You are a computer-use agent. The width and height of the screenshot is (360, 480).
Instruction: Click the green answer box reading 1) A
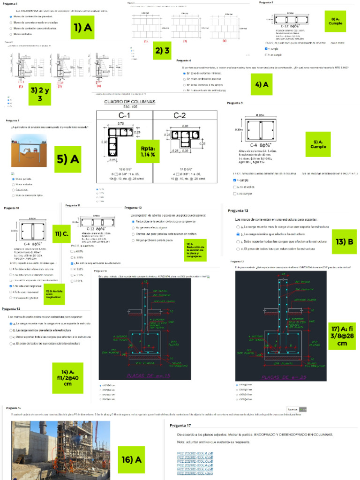82,29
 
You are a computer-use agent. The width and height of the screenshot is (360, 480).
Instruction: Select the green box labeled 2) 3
162,51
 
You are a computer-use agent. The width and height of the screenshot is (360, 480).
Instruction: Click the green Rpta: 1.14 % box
148,151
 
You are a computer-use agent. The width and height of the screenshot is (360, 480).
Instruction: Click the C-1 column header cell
124,116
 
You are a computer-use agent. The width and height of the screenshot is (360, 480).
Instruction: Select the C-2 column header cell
185,116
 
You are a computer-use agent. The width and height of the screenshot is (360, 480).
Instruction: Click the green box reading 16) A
131,459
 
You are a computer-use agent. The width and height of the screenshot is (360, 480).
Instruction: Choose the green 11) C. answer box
61,234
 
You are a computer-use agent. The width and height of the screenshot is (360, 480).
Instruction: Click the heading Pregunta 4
183,61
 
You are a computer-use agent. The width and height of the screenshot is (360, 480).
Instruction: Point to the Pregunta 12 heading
135,208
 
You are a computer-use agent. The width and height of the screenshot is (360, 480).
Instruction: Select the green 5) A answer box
67,160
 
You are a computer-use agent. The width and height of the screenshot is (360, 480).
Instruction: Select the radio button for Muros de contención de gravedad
10,16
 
